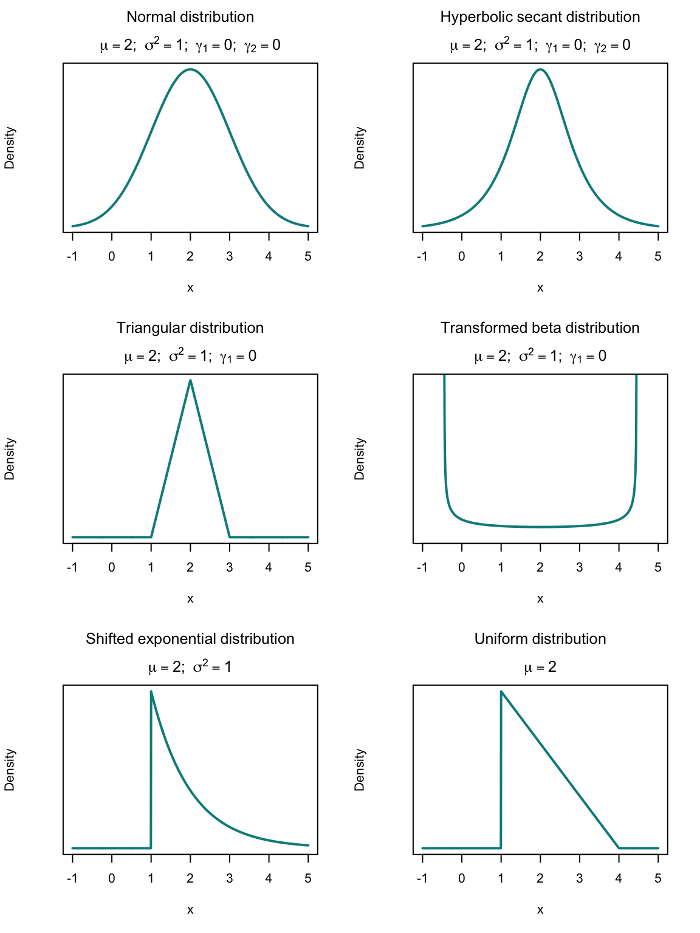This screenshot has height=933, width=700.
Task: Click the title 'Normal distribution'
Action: click(x=190, y=17)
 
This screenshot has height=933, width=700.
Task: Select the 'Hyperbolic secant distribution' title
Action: click(x=540, y=17)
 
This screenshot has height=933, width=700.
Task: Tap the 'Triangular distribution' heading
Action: click(x=190, y=328)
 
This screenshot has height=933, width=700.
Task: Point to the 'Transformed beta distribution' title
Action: click(x=540, y=328)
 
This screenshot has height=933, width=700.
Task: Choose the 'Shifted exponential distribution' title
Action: click(x=190, y=639)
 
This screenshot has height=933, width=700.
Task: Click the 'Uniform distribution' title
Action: click(x=540, y=639)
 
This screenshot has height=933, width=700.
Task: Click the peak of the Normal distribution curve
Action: click(x=190, y=69)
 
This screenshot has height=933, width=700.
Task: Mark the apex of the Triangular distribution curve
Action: click(x=190, y=381)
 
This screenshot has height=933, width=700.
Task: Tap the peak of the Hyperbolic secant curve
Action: click(x=540, y=69)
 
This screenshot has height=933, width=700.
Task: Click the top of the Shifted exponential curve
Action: click(x=151, y=691)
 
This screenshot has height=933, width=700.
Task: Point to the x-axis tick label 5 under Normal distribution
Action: click(x=308, y=256)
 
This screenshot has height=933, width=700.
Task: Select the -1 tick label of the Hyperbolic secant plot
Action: click(x=422, y=256)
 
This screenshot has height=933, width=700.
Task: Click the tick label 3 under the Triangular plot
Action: click(x=230, y=567)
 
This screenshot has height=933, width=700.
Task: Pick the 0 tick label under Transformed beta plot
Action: click(x=462, y=567)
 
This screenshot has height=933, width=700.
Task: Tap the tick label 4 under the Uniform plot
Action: click(x=619, y=878)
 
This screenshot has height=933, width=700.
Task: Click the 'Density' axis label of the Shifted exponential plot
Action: click(x=10, y=770)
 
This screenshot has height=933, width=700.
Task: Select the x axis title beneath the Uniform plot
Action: click(x=540, y=909)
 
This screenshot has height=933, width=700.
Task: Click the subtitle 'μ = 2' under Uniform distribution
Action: click(x=540, y=668)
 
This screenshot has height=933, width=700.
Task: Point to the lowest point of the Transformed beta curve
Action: click(x=540, y=527)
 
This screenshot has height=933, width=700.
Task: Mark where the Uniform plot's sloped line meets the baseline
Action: click(x=619, y=847)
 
